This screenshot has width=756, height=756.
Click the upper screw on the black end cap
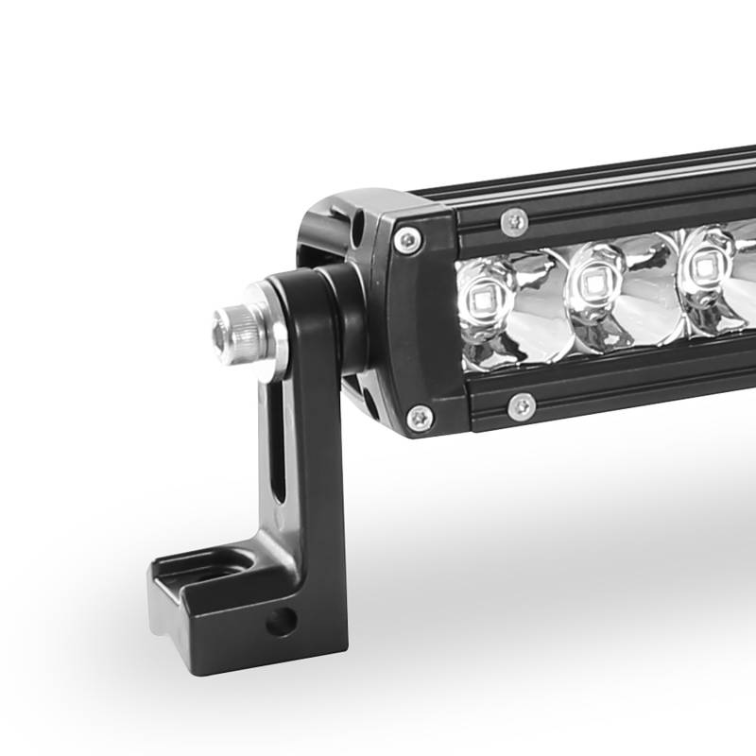pyautogui.click(x=407, y=240)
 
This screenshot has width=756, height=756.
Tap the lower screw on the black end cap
pyautogui.click(x=418, y=417)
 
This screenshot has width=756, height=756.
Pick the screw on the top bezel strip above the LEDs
pyautogui.click(x=515, y=221)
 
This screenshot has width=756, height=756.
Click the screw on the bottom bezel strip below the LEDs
pyautogui.click(x=521, y=406)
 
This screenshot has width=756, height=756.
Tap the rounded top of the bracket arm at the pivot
pyautogui.click(x=293, y=283)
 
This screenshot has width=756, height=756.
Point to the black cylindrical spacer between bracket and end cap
pyautogui.click(x=345, y=317)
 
